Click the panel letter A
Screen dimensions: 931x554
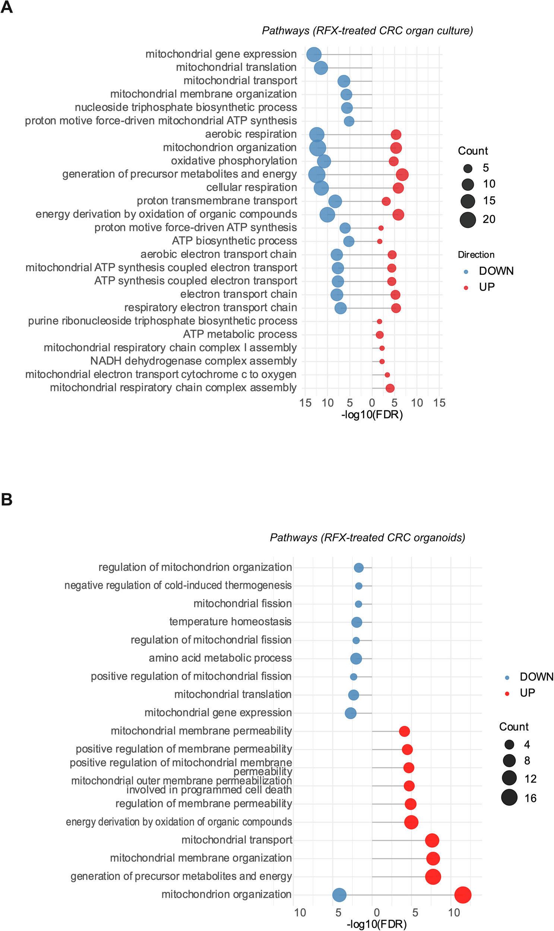click(6, 7)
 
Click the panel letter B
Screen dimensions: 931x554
click(6, 499)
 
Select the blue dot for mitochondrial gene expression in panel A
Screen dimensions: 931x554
click(314, 54)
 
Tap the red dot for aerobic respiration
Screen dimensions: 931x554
click(396, 135)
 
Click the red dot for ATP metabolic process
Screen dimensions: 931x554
click(380, 335)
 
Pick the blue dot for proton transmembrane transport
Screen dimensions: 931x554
click(335, 201)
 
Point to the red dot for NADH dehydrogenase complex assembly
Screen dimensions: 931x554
click(382, 361)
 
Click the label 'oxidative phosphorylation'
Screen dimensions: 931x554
click(234, 161)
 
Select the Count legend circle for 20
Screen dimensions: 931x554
click(468, 219)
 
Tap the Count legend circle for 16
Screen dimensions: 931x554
click(509, 797)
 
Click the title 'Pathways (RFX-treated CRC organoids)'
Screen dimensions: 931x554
click(367, 537)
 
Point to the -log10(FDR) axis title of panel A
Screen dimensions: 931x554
click(372, 414)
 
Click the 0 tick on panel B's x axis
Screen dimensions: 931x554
click(376, 913)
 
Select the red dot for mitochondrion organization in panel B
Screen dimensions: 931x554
click(463, 895)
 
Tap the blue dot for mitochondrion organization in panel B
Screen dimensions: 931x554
click(339, 895)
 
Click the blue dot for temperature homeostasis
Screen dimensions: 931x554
click(357, 622)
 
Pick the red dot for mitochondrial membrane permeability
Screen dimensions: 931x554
click(404, 731)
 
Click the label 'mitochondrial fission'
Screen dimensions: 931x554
click(242, 603)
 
